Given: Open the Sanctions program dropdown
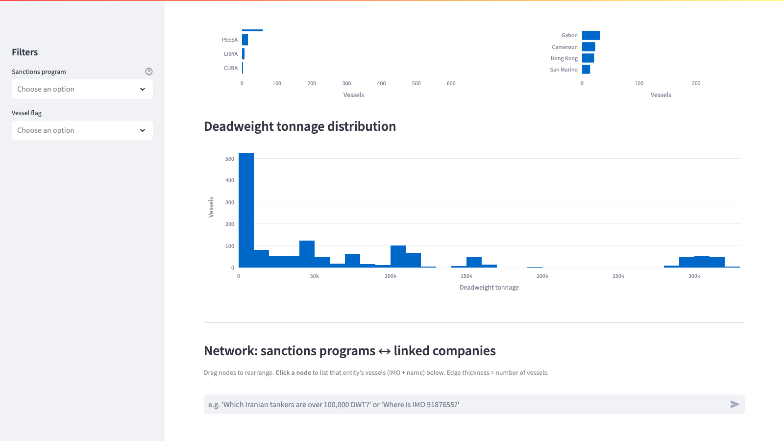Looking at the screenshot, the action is (x=82, y=89).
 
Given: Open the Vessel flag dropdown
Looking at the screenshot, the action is (x=82, y=130).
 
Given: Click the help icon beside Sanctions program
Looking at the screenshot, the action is (x=149, y=72).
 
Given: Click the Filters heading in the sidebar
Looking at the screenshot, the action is (x=25, y=52).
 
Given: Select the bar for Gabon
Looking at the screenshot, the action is (x=591, y=35).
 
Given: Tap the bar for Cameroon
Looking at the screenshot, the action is (x=588, y=47).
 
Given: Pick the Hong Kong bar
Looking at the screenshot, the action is (x=588, y=58).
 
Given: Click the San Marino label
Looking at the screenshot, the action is (x=563, y=70).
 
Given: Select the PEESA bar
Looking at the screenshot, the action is (x=245, y=40).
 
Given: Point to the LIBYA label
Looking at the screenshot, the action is (x=231, y=54).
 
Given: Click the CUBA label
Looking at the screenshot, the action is (x=231, y=68).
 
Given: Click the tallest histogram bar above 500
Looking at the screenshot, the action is (x=246, y=210).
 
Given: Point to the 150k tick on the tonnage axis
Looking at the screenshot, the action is (x=466, y=276).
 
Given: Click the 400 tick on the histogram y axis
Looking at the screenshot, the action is (x=230, y=180).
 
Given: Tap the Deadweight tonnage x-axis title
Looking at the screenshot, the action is (x=489, y=287).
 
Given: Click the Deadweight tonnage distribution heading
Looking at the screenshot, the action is (x=300, y=126).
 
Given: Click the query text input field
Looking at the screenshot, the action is (x=465, y=405).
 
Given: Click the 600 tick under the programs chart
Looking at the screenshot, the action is (x=451, y=83).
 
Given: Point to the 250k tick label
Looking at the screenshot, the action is (x=618, y=276).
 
